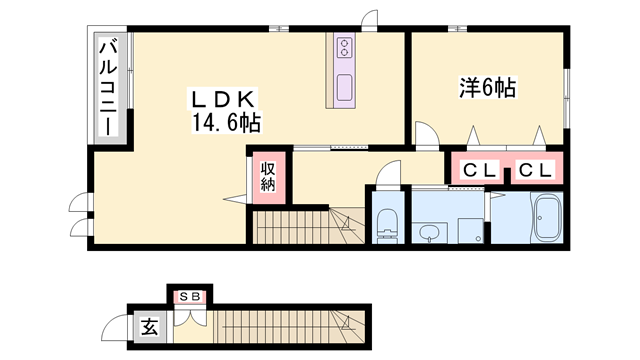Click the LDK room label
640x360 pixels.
coord(228,101)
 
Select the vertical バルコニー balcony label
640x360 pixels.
coord(109,86)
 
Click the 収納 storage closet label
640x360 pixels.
coord(269,177)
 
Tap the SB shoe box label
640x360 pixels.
coord(188,297)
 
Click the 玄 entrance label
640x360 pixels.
coord(147,326)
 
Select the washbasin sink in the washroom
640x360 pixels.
coord(428,233)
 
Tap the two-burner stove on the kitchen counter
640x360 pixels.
coord(346,48)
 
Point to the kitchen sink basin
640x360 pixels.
coord(345,87)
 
